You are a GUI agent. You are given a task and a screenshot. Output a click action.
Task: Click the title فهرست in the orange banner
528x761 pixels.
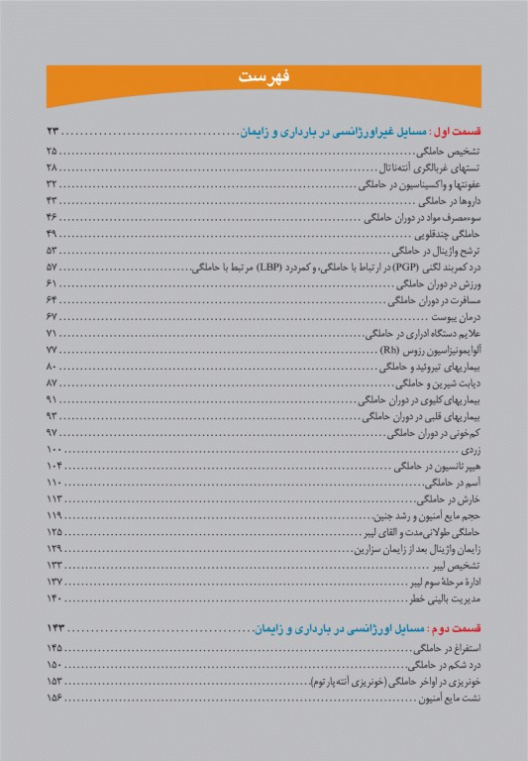264,78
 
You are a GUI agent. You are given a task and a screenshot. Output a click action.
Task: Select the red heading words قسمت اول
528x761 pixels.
458,132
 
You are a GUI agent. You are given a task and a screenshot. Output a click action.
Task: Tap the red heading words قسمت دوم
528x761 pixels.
458,629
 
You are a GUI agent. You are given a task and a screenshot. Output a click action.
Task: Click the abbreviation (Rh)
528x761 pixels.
391,351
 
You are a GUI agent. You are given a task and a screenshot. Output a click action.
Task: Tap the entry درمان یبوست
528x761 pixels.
457,317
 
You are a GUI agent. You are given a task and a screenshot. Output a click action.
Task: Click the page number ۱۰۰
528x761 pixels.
54,451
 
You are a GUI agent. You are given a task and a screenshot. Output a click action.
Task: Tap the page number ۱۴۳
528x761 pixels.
54,629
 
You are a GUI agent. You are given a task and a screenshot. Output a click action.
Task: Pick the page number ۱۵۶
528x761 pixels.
54,699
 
